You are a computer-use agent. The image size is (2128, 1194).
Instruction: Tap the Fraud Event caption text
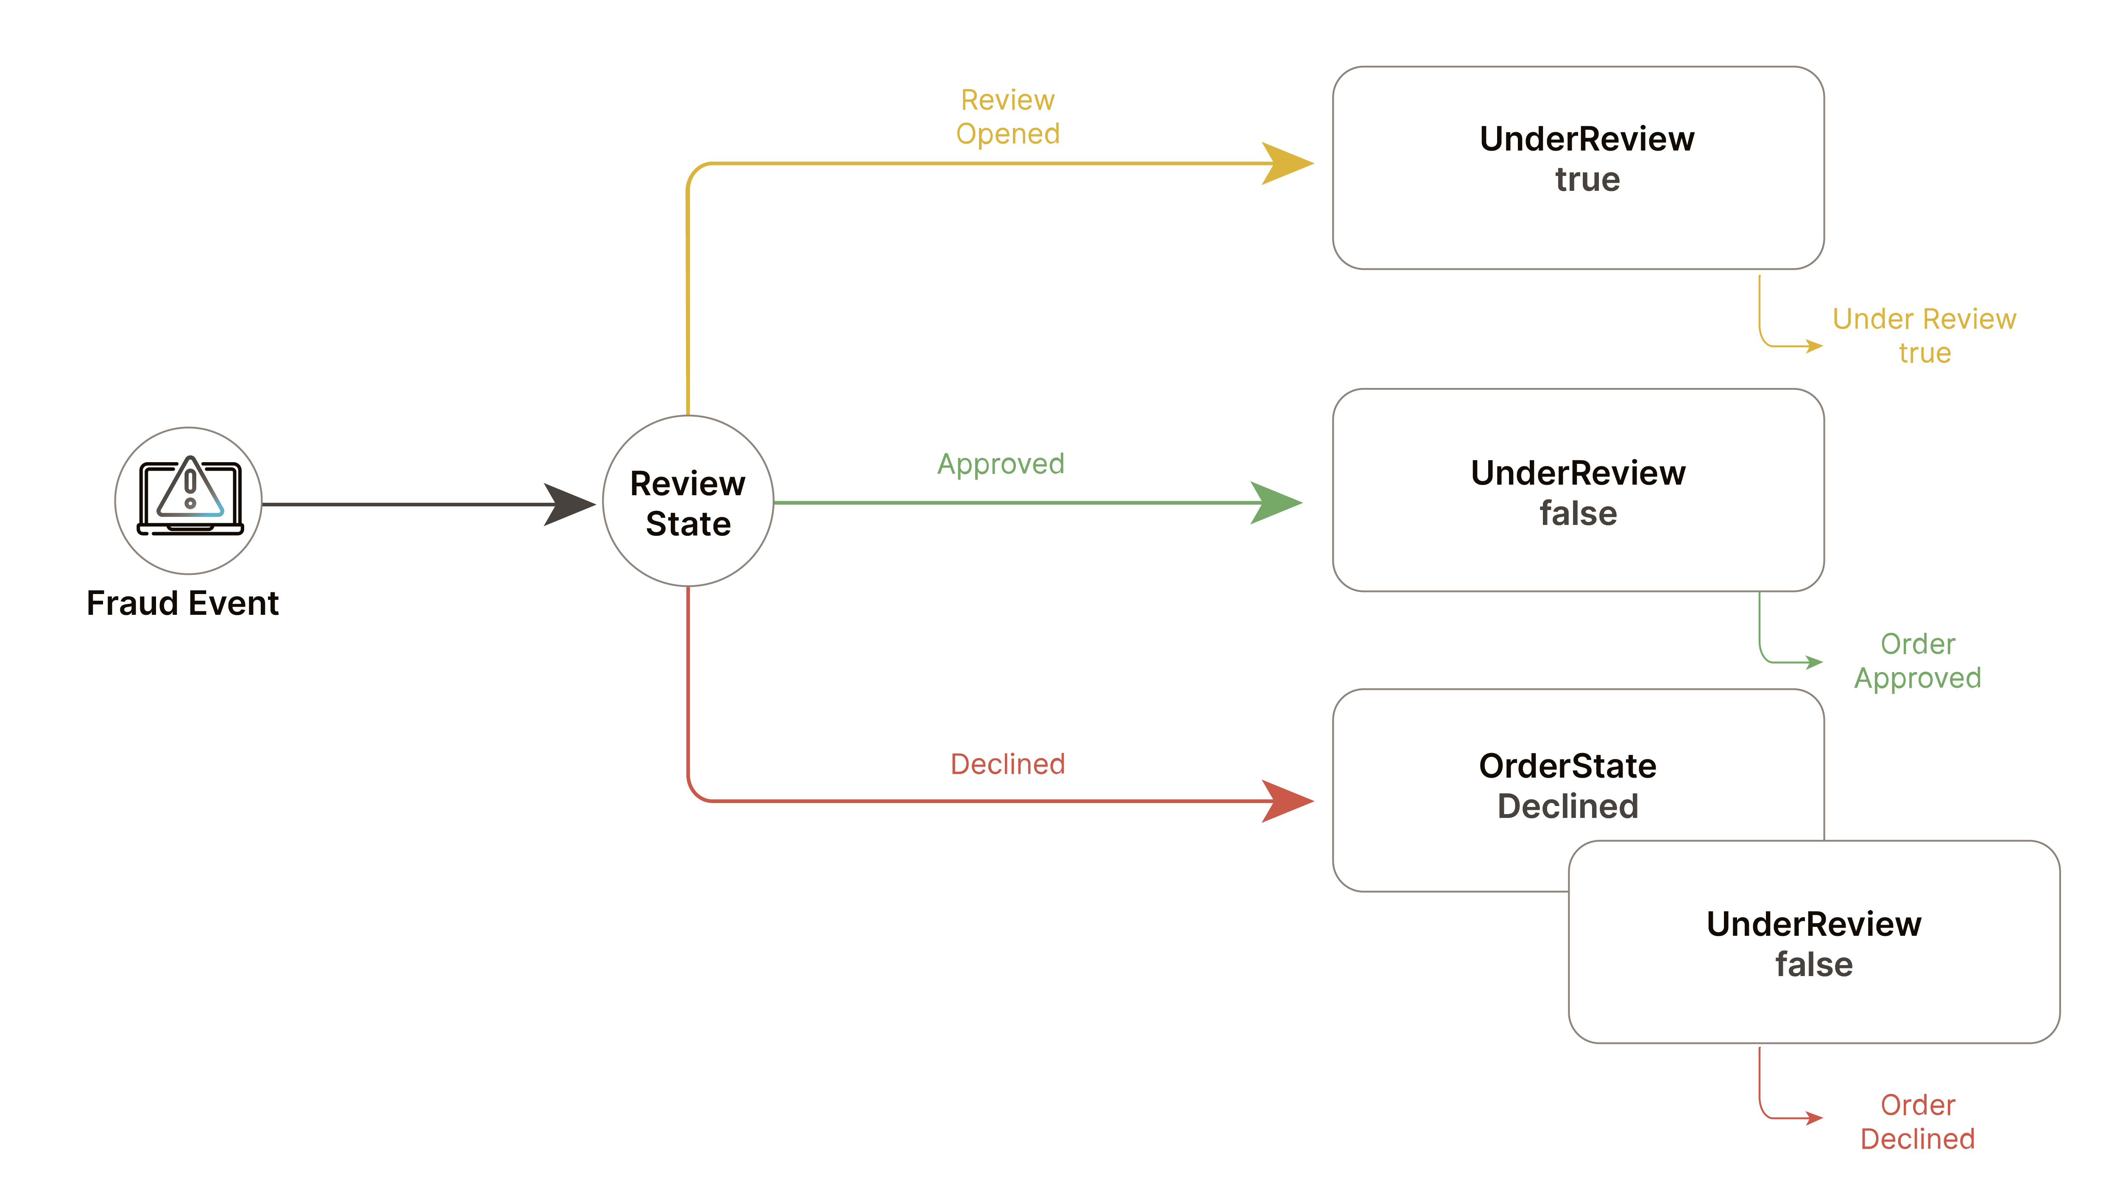click(183, 603)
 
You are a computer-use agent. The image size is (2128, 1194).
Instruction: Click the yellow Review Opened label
click(1007, 117)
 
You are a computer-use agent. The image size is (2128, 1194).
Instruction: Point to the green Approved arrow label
click(1000, 463)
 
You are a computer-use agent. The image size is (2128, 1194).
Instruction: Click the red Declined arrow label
click(1007, 764)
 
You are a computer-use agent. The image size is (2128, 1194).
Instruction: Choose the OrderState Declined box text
click(1567, 785)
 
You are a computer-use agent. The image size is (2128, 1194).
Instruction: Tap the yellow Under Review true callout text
click(1924, 335)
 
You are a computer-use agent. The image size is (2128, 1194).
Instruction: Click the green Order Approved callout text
click(1917, 660)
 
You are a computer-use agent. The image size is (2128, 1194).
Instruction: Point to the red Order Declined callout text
click(1917, 1121)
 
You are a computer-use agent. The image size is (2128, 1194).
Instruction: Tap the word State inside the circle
click(688, 524)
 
